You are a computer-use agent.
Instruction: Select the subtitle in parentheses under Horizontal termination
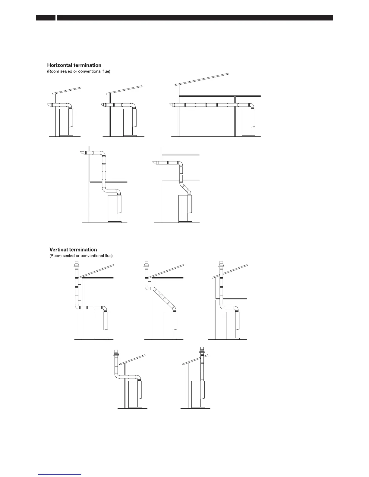click(79, 71)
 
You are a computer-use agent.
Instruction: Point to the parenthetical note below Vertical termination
click(81, 256)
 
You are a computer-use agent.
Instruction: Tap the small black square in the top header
click(46, 18)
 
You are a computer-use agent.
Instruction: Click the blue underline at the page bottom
click(60, 474)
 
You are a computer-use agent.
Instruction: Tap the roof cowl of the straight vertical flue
click(202, 351)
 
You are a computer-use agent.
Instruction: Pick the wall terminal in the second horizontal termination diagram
click(103, 105)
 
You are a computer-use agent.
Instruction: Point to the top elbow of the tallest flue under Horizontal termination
click(103, 154)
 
